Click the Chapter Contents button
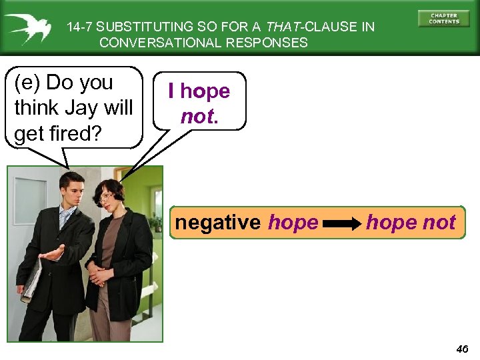444,18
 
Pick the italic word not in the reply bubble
197,116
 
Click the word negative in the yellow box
218,223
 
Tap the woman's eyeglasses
107,197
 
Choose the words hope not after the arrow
411,223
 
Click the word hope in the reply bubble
205,91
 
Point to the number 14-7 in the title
80,27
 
